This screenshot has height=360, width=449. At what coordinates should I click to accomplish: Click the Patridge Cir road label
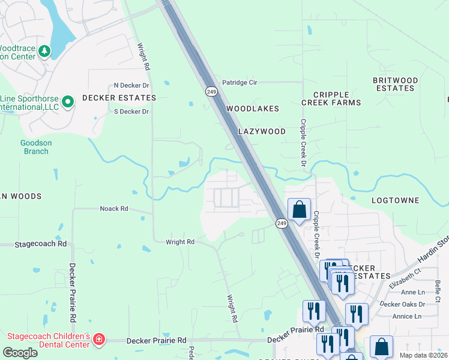[x=240, y=83]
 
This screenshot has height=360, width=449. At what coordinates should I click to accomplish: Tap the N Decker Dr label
[x=131, y=86]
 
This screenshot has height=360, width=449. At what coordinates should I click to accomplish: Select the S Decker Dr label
[x=131, y=112]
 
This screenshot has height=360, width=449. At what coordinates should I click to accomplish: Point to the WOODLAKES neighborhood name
[x=253, y=109]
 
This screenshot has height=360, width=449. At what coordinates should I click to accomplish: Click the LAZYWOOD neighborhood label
[x=262, y=131]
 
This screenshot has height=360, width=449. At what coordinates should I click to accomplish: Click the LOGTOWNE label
[x=396, y=200]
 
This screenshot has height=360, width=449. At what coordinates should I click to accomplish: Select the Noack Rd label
[x=114, y=209]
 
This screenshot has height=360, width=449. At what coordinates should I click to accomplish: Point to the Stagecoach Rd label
[x=41, y=244]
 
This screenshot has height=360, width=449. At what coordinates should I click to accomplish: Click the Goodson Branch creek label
[x=34, y=147]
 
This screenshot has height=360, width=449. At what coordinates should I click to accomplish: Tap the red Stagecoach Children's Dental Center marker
[x=99, y=340]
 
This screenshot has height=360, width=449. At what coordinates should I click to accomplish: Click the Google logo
[x=20, y=353]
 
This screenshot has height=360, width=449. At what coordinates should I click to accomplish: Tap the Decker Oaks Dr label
[x=403, y=304]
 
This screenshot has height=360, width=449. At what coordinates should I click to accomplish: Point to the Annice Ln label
[x=406, y=316]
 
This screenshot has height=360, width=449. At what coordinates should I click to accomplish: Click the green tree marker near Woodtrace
[x=44, y=52]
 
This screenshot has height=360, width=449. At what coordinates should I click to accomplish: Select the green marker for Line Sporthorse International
[x=68, y=102]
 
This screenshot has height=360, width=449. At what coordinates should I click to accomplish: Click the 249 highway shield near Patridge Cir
[x=211, y=91]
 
